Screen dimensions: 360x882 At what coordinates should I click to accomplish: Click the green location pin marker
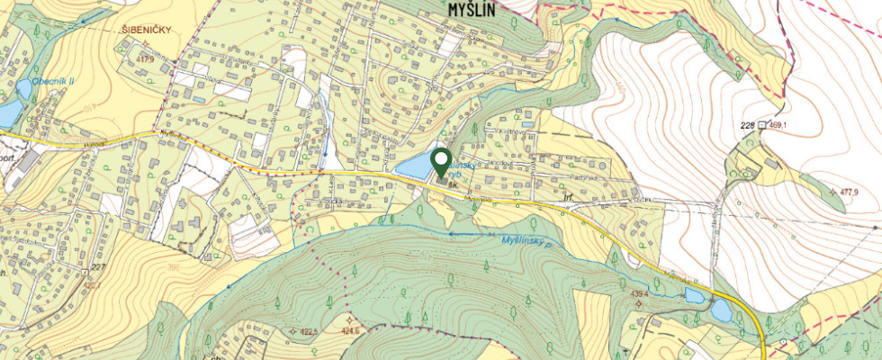click(441, 162)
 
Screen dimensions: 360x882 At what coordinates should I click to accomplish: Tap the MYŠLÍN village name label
click(477, 8)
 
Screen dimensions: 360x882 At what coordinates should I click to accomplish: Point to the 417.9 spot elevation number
click(144, 58)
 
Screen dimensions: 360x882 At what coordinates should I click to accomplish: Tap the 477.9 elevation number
click(848, 193)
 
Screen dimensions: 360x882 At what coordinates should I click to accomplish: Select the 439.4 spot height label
click(639, 293)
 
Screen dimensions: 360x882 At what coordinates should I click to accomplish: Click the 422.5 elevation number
click(310, 332)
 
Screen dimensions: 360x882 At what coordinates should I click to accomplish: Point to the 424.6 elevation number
click(349, 331)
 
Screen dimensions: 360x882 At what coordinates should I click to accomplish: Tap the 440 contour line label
click(622, 90)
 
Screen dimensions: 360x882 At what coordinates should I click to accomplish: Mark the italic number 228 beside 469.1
click(745, 124)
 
